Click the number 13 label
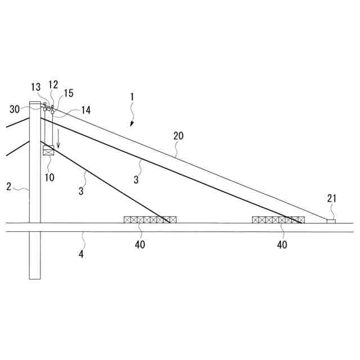coord(36,87)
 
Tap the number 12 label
coord(53,85)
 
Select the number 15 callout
coord(69,93)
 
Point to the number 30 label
coord(15,109)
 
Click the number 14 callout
coord(86,110)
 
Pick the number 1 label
coord(132,97)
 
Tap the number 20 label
coord(178,136)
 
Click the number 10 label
coord(49,177)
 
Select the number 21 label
coord(331,199)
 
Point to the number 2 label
coord(9,186)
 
